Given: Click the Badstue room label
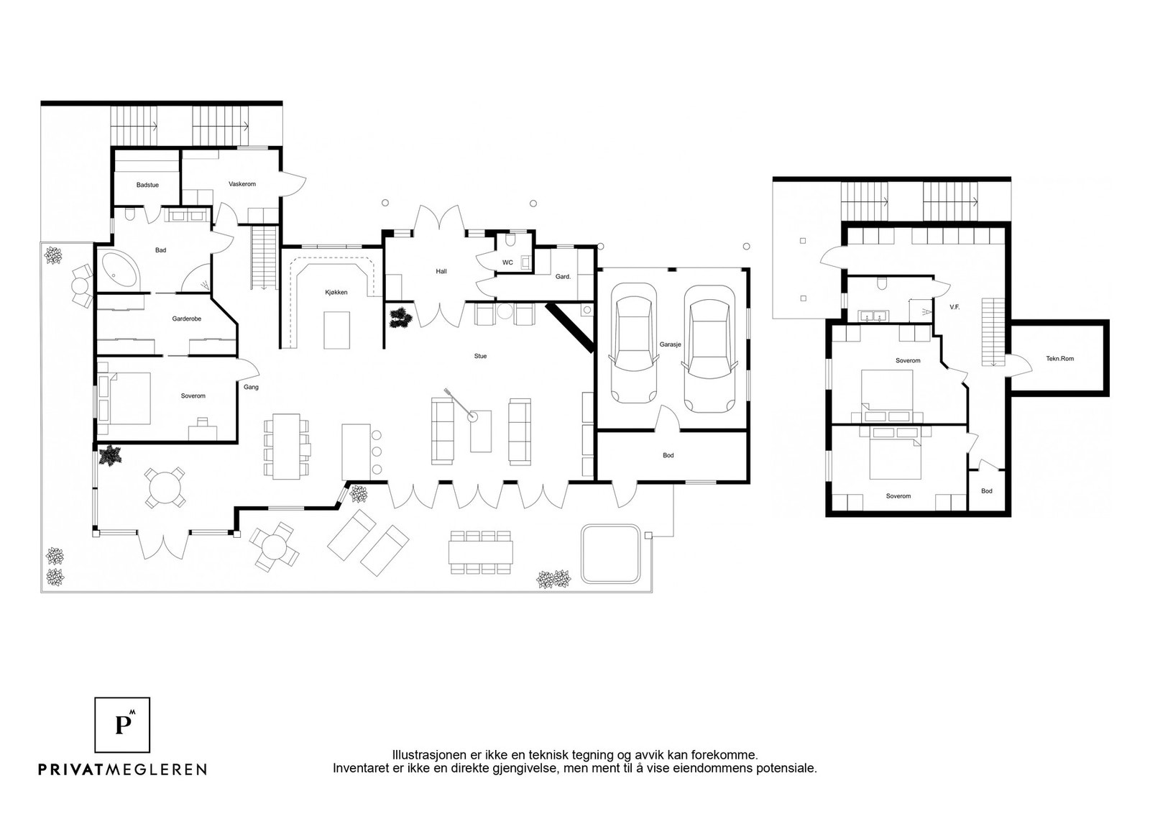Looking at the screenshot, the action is (x=147, y=185).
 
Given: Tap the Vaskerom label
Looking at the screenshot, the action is (x=241, y=184).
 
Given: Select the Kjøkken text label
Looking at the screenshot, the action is (x=336, y=292).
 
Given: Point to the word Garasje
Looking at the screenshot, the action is (x=670, y=344).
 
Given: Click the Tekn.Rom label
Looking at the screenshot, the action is (x=1059, y=359).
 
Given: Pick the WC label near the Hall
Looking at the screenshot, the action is (x=507, y=262).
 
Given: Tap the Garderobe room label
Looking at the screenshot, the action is (x=186, y=319).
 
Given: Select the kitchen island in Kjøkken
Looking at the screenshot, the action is (x=337, y=330).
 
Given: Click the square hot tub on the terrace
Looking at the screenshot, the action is (x=611, y=554).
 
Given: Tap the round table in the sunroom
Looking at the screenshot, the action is (x=165, y=488).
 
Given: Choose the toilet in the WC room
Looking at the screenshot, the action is (x=510, y=241).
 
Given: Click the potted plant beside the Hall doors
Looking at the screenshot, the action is (x=400, y=317).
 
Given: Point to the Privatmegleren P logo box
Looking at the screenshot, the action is (x=122, y=725).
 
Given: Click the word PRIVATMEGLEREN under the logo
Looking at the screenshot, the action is (x=123, y=769).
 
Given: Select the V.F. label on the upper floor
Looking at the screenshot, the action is (x=954, y=307).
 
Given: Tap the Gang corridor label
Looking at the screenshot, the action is (x=251, y=388).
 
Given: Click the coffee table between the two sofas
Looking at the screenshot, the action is (x=481, y=431).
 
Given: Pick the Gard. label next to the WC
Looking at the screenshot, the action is (x=563, y=277).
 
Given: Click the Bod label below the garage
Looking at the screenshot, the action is (x=668, y=455).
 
